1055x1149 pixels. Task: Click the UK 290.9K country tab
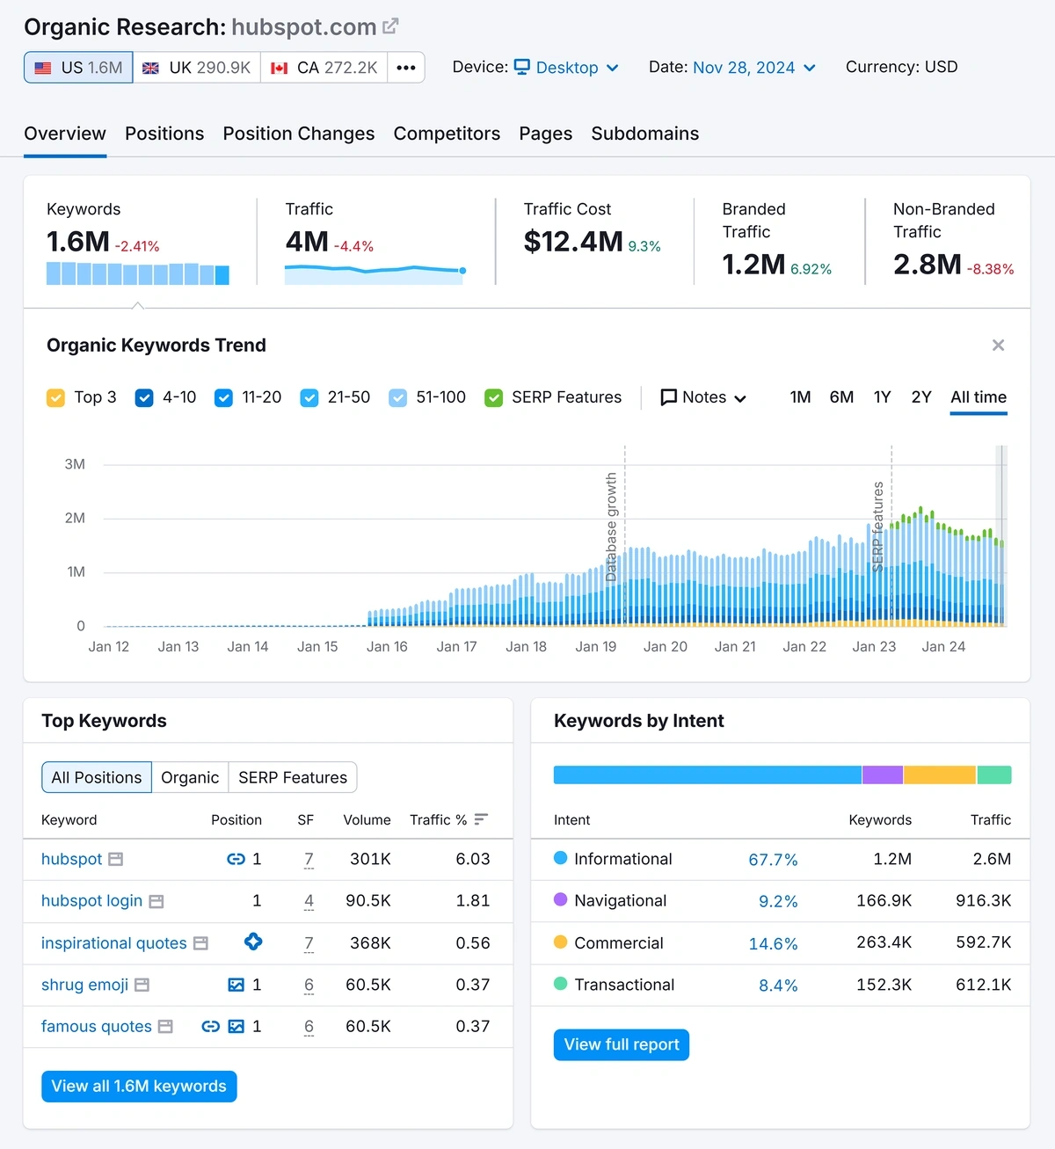coord(197,68)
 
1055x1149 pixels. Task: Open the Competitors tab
coord(447,134)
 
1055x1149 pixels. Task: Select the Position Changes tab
coord(298,134)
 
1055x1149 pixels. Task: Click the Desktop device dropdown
coord(567,68)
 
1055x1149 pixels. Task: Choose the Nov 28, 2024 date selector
coord(753,68)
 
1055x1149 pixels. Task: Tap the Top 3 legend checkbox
coord(55,397)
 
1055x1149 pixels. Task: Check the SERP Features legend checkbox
coord(493,397)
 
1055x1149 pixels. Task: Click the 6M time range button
coord(841,397)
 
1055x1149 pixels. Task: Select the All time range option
coord(978,397)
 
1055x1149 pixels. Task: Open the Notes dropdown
coord(703,397)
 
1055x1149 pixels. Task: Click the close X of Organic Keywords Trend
coord(998,345)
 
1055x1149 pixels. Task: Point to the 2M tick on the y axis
coord(75,518)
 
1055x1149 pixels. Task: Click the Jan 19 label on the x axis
coord(595,646)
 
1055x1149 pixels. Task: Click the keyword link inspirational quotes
coord(113,943)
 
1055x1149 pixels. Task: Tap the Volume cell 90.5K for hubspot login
coord(368,900)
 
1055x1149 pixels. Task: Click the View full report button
coord(621,1044)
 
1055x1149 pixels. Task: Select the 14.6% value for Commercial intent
coord(773,943)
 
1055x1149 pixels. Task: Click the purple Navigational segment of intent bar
coord(882,774)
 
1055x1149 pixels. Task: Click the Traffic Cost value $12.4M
coord(573,242)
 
